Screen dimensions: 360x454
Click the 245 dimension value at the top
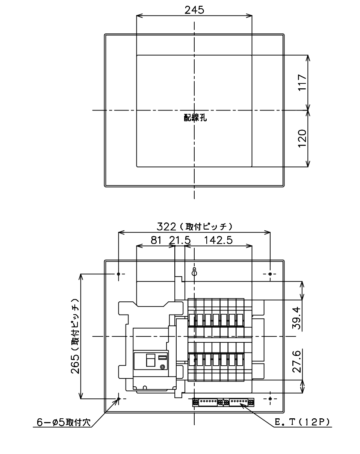tap(194, 10)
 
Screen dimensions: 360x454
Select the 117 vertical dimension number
tap(302, 82)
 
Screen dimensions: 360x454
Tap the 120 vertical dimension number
tap(302, 138)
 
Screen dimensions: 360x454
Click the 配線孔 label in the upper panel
tap(195, 118)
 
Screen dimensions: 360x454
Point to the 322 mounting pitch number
tap(166, 227)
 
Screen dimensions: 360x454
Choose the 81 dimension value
tap(156, 240)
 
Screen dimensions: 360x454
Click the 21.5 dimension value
tap(180, 240)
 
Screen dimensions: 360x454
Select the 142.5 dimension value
tap(218, 240)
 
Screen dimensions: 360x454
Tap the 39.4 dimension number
tap(296, 318)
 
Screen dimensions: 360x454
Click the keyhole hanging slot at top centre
tap(194, 272)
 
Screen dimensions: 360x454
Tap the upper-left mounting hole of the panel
tap(118, 274)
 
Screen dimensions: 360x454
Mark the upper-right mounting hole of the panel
tap(270, 274)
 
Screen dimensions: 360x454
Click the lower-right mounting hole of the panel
tap(270, 398)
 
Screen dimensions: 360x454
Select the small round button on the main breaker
tap(162, 367)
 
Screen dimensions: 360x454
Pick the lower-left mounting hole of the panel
tap(118, 399)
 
